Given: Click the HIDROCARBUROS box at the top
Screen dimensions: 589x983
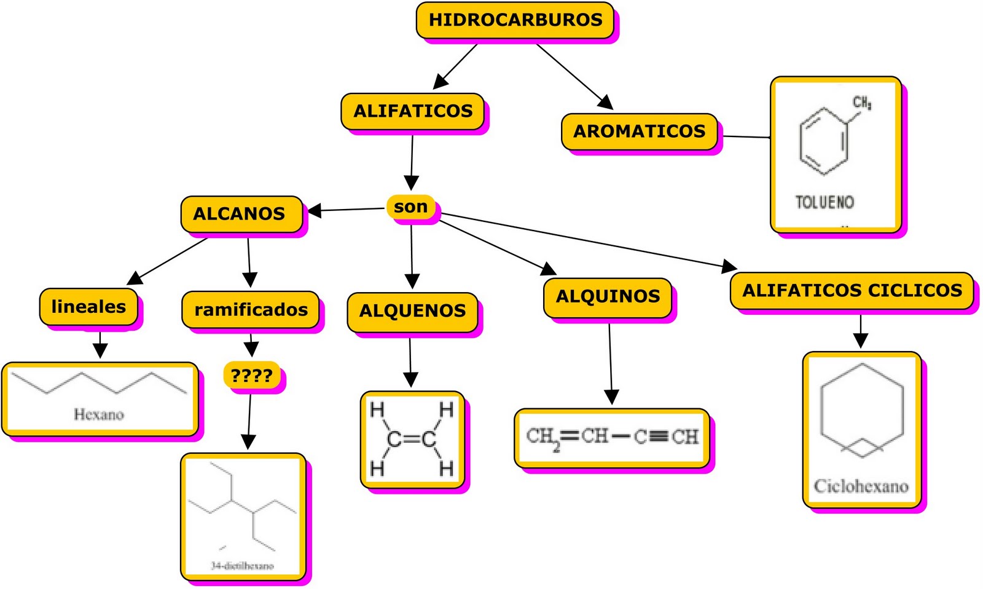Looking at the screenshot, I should [x=515, y=20].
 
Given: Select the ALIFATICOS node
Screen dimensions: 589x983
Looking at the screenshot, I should [x=413, y=111].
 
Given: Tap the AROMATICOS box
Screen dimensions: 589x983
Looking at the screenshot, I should [x=639, y=132].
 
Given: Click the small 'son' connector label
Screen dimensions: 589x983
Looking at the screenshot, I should [x=410, y=207].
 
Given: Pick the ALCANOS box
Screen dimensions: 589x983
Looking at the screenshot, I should [x=240, y=214].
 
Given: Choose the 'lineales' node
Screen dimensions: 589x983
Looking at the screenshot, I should [x=88, y=307].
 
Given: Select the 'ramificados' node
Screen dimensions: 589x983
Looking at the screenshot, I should [x=251, y=310].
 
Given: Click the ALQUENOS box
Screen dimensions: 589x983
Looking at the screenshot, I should [x=412, y=311].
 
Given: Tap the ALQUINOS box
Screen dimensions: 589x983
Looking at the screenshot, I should [x=608, y=297].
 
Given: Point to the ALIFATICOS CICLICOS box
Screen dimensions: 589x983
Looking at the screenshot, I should [x=852, y=290].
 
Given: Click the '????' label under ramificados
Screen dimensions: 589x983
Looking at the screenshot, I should [x=251, y=374].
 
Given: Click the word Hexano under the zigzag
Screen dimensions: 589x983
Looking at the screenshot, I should [x=99, y=414].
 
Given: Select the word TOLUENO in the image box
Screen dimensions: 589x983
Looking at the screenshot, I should [x=824, y=202].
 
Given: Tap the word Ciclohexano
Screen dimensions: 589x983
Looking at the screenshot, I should [x=861, y=486].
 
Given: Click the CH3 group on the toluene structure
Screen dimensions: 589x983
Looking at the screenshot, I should [x=861, y=103].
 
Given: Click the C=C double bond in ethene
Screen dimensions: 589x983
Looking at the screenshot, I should [x=412, y=439].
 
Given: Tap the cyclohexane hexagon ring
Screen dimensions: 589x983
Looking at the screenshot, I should [x=862, y=408].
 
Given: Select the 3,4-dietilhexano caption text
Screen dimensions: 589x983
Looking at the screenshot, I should [x=242, y=566].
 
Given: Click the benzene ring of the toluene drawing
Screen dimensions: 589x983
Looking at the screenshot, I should [x=824, y=141].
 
